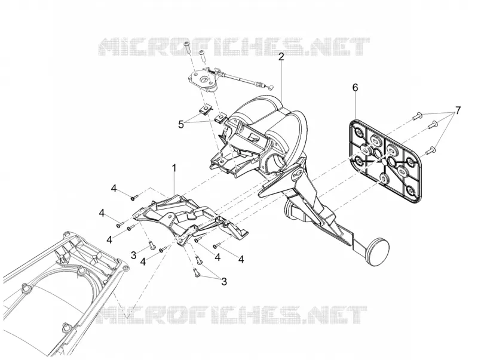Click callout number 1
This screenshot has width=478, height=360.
tap(174, 168)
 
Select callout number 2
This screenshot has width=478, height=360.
tap(281, 57)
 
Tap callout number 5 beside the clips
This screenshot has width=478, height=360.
tap(181, 125)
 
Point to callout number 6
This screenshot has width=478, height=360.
tap(355, 88)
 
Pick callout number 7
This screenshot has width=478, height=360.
tap(458, 110)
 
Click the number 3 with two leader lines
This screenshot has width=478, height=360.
tap(224, 281)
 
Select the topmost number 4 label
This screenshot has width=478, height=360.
tap(114, 189)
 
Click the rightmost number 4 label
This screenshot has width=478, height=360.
tap(241, 260)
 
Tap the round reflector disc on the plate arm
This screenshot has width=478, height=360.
tap(378, 253)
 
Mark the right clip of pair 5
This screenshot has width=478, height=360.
tap(220, 118)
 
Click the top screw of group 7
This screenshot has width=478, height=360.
tap(417, 116)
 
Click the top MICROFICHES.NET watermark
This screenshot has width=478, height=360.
tap(234, 47)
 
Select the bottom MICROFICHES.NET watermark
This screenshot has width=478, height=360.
tap(232, 315)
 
